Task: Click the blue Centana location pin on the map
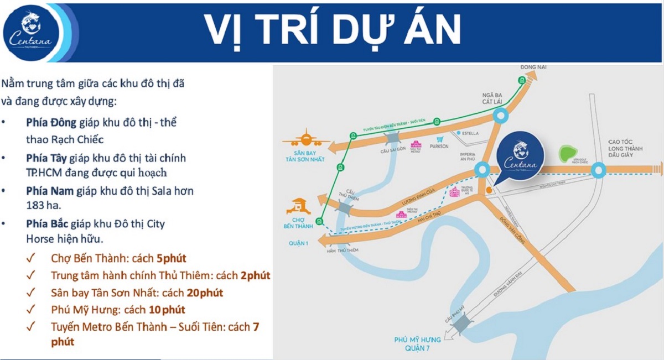tap(519, 157)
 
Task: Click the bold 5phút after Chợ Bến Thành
tap(172, 258)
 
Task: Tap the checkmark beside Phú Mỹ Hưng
tap(31, 310)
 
